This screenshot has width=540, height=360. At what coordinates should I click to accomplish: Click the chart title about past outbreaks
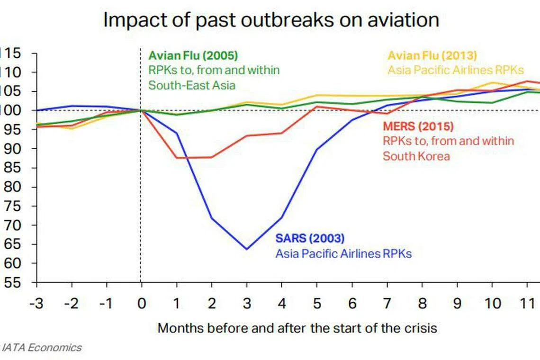[271, 20]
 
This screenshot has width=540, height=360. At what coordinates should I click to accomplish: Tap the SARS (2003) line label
[310, 238]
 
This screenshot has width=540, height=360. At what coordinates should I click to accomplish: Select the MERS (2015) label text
[418, 126]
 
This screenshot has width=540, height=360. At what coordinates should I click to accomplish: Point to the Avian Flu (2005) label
[193, 55]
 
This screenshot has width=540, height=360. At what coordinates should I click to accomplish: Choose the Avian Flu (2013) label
[432, 55]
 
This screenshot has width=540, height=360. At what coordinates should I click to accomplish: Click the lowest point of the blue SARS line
[247, 249]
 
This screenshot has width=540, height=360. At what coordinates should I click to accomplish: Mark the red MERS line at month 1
[177, 157]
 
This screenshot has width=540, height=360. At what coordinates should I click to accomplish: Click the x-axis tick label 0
[141, 303]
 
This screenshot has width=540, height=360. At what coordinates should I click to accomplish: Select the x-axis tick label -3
[36, 303]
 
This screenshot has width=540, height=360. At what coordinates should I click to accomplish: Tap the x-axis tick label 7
[387, 303]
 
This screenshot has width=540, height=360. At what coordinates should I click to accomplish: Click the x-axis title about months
[297, 328]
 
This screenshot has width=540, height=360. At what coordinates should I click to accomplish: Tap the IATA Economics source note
[42, 348]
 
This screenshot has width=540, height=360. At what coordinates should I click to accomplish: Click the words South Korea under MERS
[416, 156]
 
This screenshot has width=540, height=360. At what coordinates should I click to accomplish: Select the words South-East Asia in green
[192, 85]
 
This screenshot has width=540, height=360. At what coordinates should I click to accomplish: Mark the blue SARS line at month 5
[317, 149]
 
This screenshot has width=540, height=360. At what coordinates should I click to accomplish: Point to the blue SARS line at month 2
[212, 218]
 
